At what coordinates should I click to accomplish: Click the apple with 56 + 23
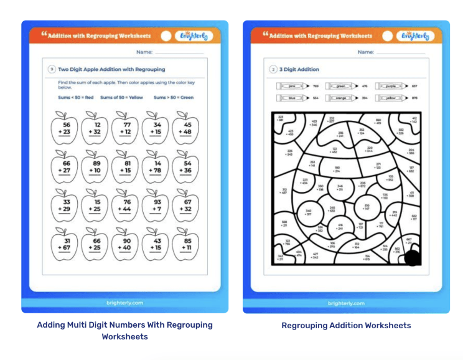coord(64,129)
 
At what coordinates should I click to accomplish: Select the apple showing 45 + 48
coord(185,129)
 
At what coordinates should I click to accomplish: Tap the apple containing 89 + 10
coord(95,168)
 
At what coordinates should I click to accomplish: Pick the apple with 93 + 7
coord(155,207)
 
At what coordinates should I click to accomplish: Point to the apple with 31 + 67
coord(64,245)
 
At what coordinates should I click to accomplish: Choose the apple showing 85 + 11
coord(185,245)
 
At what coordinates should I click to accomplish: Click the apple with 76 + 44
coord(125,207)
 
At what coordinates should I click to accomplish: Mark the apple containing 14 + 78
coord(155,168)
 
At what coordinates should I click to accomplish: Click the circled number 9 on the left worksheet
coord(52,69)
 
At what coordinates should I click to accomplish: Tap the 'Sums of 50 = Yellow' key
coord(121,97)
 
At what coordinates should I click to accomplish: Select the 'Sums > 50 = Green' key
coord(173,97)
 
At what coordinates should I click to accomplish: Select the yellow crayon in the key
coord(391,98)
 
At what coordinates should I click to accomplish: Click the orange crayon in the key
coord(343,98)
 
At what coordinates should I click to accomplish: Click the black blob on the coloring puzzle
coord(412,257)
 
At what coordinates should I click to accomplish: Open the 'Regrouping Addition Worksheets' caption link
coord(346,325)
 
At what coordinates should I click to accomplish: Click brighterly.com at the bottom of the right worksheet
coord(346,303)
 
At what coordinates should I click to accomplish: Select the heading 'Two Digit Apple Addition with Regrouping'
coord(111,69)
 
